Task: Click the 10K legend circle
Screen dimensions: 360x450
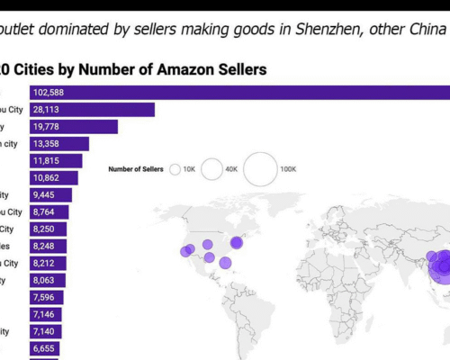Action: tap(175, 168)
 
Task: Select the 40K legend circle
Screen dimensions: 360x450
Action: tap(212, 168)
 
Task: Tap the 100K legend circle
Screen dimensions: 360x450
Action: tap(260, 168)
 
